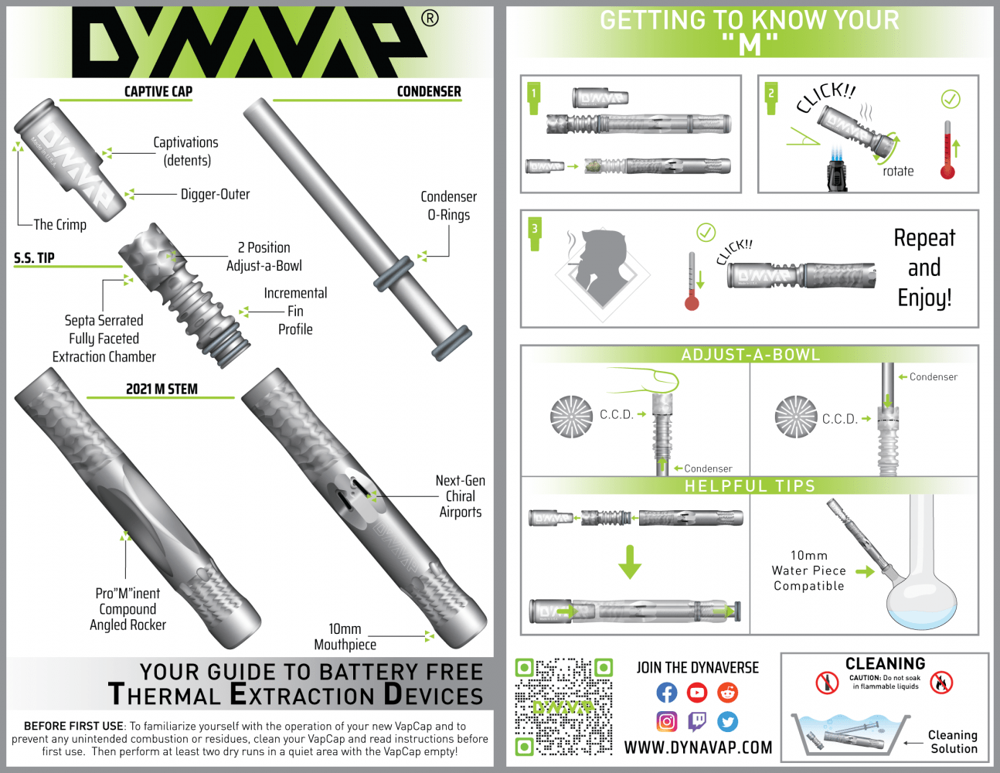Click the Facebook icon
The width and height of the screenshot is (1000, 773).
(x=666, y=693)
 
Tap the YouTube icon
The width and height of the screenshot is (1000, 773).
(x=697, y=693)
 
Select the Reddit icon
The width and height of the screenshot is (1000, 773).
(x=727, y=693)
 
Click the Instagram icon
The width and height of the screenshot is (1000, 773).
(x=666, y=722)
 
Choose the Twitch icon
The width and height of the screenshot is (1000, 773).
(x=697, y=722)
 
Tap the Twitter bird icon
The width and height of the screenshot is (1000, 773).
(x=727, y=722)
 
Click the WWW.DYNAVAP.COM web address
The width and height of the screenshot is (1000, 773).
(x=698, y=748)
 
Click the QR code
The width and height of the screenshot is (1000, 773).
(x=564, y=707)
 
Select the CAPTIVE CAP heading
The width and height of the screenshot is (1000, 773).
(x=158, y=92)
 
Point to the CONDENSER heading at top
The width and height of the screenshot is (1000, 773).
(x=429, y=92)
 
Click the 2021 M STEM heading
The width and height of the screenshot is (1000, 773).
(x=162, y=389)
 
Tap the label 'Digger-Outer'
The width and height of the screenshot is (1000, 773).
(x=215, y=195)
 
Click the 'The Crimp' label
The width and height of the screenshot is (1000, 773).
(x=60, y=225)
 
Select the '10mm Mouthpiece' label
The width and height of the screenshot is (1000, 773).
(x=345, y=637)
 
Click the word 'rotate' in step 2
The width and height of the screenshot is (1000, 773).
(x=898, y=172)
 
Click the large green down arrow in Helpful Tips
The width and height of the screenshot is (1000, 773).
(x=630, y=562)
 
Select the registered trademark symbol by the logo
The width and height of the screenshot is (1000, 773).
(x=430, y=19)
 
